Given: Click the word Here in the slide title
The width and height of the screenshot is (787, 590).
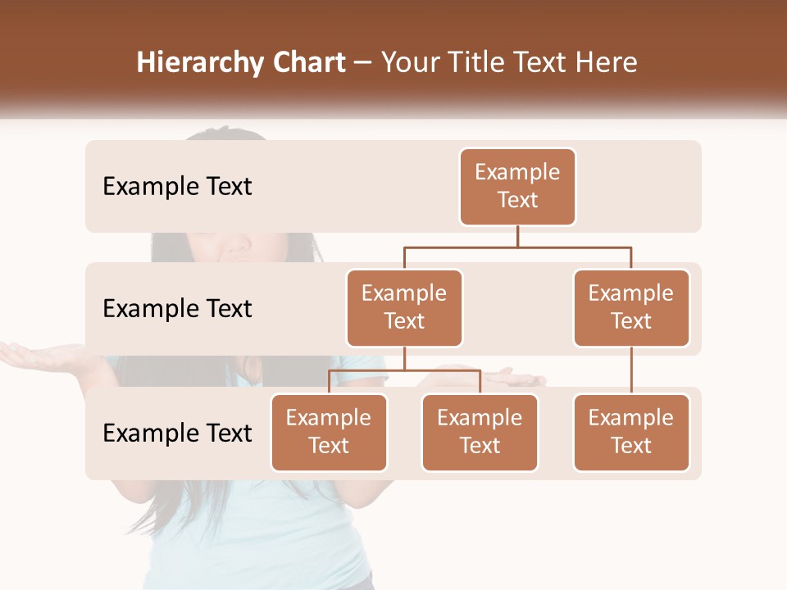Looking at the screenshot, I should pos(607,63).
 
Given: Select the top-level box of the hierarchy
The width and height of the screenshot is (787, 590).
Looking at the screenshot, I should pos(517,187).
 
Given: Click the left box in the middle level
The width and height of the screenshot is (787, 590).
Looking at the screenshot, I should pos(404,308).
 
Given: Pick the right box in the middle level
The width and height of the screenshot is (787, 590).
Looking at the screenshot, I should pos(630,308).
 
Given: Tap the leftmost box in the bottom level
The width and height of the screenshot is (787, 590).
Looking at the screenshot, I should pos(329,433).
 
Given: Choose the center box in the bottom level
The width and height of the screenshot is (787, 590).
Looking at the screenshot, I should pos(480,433).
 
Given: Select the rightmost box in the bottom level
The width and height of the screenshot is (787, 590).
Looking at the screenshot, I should pos(630,433).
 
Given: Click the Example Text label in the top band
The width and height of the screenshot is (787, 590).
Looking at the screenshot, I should pos(177,187).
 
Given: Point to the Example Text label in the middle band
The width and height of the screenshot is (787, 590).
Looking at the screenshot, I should pos(177,309).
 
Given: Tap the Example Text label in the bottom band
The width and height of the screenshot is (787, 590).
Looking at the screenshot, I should pos(177,433).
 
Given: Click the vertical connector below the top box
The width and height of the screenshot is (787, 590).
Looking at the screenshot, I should pos(517,236).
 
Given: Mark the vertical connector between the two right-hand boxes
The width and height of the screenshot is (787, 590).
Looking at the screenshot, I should pos(630,370).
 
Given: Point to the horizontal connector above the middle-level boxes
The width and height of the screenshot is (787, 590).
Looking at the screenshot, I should pos(517,247).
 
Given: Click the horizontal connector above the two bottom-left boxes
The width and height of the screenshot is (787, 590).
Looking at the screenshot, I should pos(404,370).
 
